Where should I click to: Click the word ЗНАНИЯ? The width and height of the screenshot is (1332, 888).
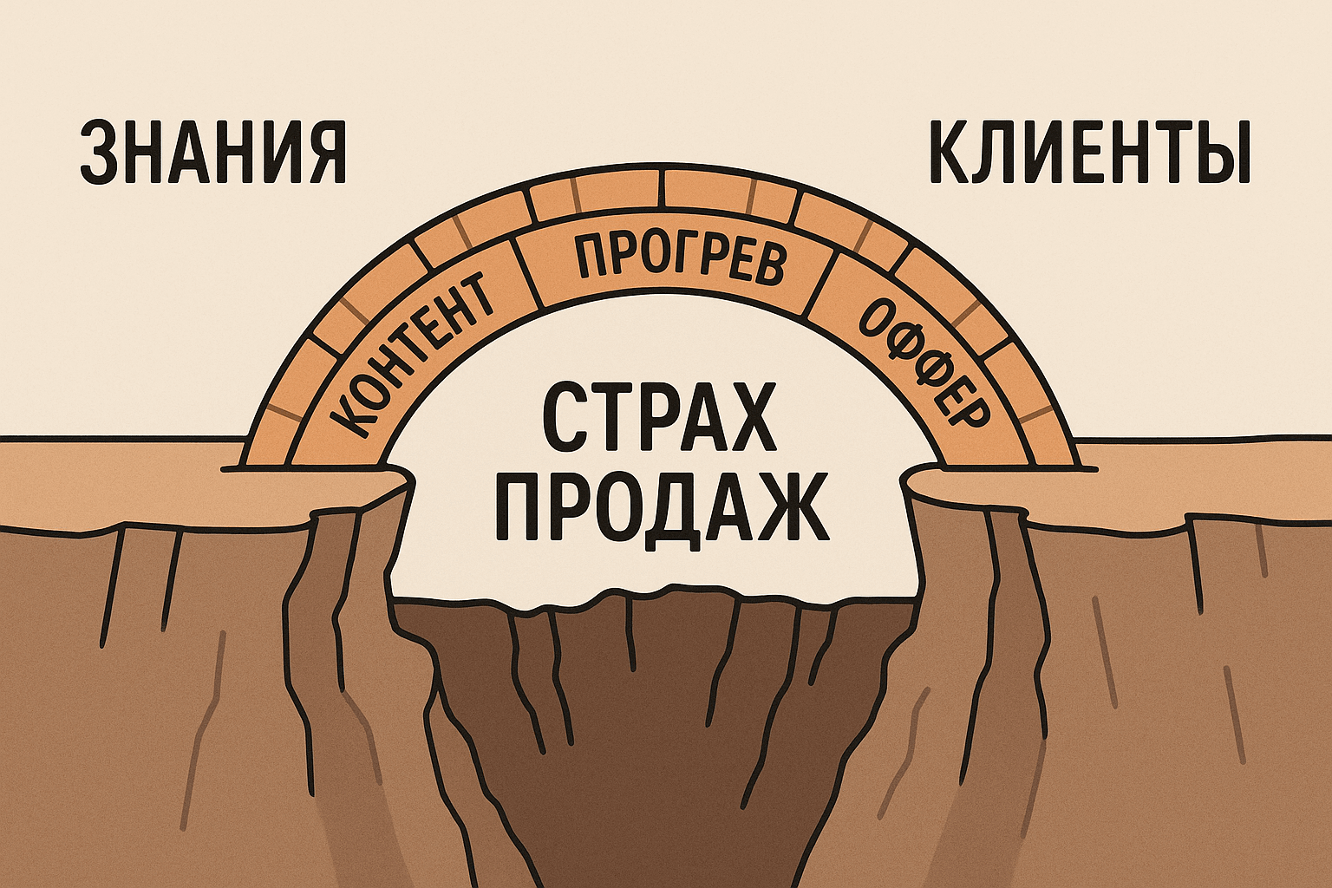click(x=212, y=153)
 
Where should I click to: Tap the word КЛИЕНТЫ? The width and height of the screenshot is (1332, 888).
click(x=1088, y=153)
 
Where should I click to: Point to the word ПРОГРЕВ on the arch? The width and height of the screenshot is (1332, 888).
click(x=679, y=258)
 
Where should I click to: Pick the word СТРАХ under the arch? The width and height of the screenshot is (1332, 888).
click(x=660, y=420)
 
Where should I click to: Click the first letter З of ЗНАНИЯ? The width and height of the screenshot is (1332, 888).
click(x=99, y=153)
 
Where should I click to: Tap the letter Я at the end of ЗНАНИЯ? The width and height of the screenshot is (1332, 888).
click(x=325, y=153)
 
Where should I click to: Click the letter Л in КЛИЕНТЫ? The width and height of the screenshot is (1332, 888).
click(x=995, y=153)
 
